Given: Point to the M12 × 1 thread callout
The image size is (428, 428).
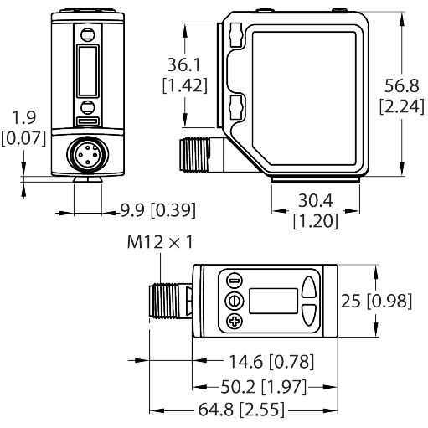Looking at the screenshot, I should click(160, 243).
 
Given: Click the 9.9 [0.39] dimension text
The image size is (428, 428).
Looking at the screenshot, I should click(142, 209).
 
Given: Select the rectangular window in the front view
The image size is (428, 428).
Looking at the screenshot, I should click(86, 73).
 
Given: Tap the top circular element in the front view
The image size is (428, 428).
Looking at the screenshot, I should click(86, 34).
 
